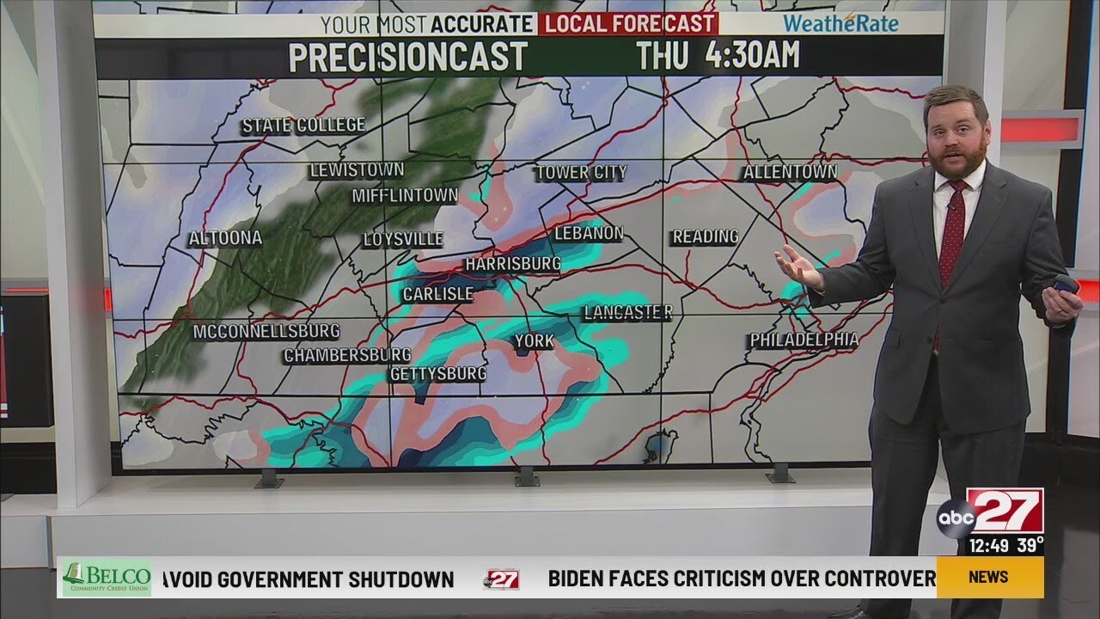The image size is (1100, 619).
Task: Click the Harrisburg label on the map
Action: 513,264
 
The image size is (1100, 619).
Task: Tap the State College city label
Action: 303,126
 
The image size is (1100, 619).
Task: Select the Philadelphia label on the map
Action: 804,340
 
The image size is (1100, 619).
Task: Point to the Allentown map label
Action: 790,173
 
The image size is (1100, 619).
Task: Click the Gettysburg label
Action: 438,374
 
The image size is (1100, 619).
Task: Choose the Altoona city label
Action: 225,238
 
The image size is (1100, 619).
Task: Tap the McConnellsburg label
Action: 266,331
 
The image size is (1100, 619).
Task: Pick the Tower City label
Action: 582,173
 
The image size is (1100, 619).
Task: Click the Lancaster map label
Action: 627,313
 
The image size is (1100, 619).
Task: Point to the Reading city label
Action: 706,236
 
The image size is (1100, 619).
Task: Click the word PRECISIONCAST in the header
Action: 407,57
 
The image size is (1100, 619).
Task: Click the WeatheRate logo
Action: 840,23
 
